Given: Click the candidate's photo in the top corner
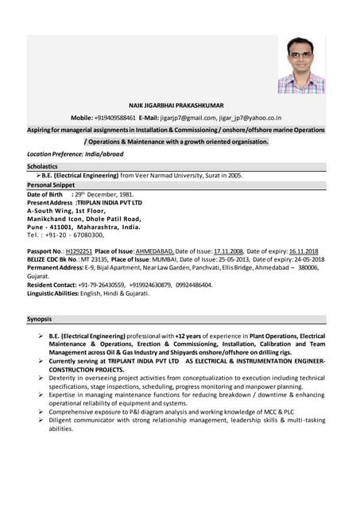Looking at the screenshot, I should click(300, 64).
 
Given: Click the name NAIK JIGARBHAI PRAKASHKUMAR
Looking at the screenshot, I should click(176, 105).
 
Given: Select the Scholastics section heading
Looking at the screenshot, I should click(42, 166).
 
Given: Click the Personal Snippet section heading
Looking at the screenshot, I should click(51, 185).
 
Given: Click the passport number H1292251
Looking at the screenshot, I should click(79, 251).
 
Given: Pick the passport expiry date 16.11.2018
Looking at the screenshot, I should click(301, 251).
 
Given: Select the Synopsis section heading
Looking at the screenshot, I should click(40, 319).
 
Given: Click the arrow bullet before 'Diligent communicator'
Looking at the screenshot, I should click(41, 420).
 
